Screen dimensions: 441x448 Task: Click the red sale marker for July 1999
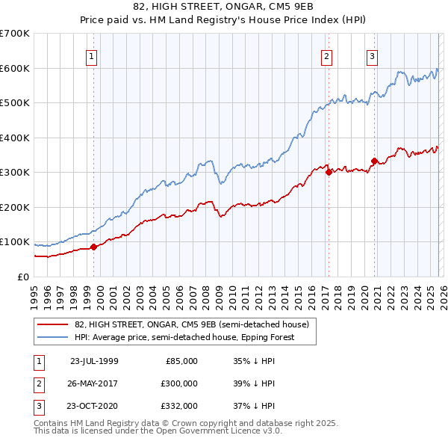(94, 247)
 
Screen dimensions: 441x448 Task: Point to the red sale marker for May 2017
(329, 173)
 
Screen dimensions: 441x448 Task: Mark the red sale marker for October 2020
(374, 161)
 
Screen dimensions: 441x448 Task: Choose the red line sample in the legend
(53, 324)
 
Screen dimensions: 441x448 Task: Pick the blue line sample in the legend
(53, 337)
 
